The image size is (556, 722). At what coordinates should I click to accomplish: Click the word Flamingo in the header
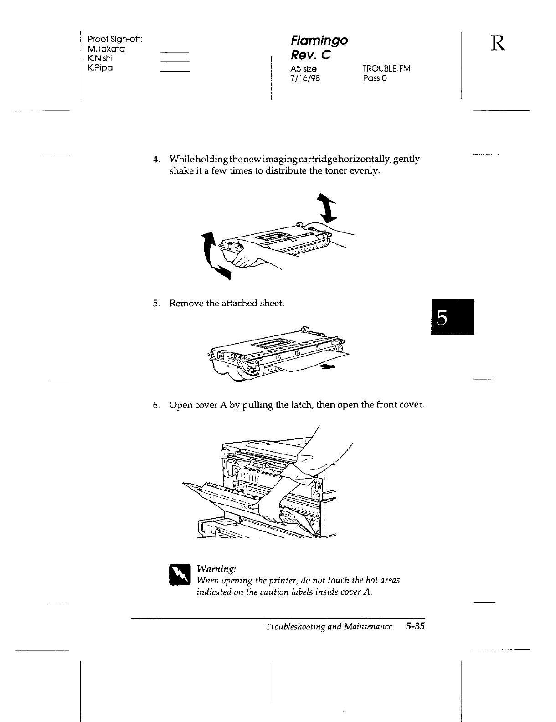point(319,41)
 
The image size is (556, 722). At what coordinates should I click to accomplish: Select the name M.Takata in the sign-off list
point(106,49)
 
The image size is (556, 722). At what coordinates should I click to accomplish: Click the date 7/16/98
point(305,78)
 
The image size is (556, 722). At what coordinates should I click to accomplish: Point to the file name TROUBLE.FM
point(386,68)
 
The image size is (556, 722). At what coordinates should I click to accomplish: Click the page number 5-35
point(415,627)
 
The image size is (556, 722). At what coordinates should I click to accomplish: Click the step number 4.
point(156,160)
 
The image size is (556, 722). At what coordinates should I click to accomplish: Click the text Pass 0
point(375,78)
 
